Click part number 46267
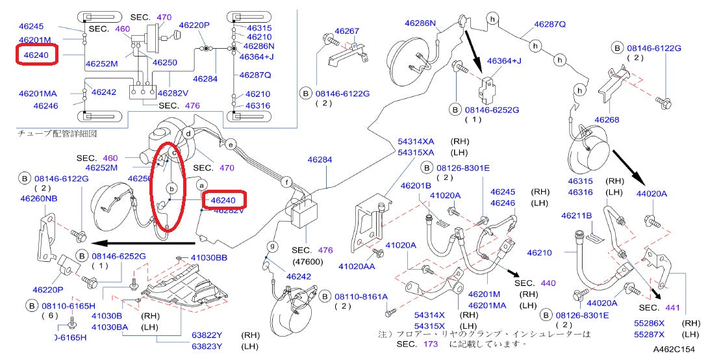tap(347, 31)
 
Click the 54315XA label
tap(416, 151)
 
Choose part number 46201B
tap(416, 186)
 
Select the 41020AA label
tap(357, 266)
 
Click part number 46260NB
tap(40, 199)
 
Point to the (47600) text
tap(308, 261)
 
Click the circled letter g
tap(273, 247)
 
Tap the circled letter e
tap(230, 144)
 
